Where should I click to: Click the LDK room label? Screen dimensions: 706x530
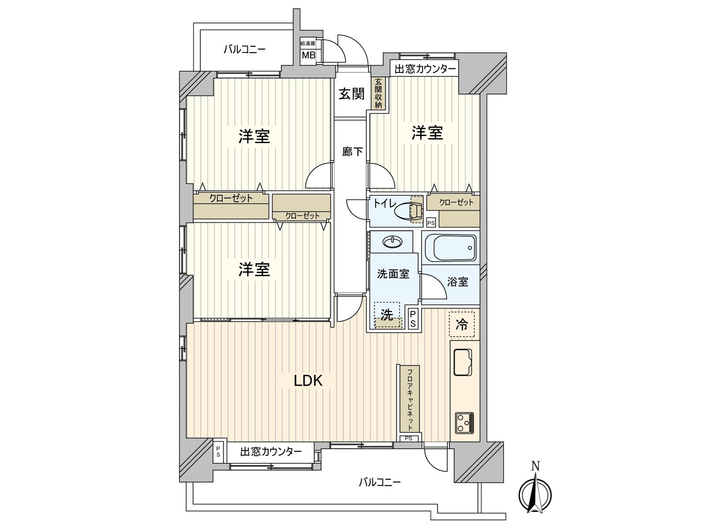point(308,381)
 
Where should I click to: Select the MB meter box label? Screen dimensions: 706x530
point(308,55)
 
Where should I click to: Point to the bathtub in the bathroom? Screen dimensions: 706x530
point(451,248)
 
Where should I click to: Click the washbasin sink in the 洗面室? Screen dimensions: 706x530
point(393,242)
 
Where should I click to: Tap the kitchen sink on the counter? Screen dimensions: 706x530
point(462,362)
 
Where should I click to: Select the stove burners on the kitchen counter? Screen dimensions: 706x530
point(464,422)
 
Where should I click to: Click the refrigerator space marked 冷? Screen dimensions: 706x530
point(462,324)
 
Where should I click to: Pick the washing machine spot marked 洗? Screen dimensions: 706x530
point(387,315)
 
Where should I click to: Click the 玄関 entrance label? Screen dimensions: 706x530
point(352,94)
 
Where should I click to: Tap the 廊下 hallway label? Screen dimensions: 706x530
point(352,151)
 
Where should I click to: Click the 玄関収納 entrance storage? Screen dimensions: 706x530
point(378,93)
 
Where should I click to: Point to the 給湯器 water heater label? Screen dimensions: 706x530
point(308,43)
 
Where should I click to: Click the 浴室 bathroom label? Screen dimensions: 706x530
point(458,282)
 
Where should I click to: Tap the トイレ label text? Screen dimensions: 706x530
point(384,203)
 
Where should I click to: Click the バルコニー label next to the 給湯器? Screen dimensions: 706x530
point(244,49)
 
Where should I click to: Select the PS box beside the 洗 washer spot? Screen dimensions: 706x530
point(413,318)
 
